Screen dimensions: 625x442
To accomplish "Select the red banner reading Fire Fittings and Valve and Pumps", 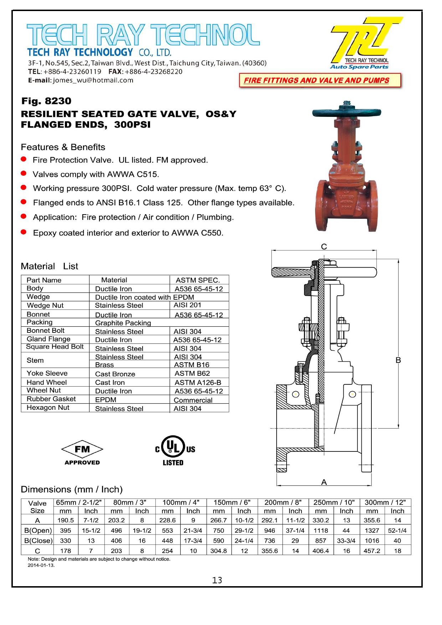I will (320, 81).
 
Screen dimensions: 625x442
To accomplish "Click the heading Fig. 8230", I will (46, 101).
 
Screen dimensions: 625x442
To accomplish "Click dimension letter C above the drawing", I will (324, 247).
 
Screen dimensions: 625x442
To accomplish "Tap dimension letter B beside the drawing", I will (398, 360).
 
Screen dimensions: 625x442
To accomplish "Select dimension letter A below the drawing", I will (324, 482).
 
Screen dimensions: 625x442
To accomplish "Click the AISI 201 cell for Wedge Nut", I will (187, 305).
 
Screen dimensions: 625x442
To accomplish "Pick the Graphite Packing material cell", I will (123, 323).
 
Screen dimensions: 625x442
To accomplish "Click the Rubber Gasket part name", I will (51, 399).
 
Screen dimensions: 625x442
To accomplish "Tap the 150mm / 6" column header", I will (232, 502).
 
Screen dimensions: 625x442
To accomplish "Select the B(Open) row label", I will (38, 530).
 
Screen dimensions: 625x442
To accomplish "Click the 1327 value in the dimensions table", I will (372, 530).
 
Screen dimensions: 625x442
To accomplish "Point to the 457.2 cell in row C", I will (372, 551).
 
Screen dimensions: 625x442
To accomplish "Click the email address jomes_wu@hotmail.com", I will (93, 80).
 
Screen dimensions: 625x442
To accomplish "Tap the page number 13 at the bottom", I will (217, 580).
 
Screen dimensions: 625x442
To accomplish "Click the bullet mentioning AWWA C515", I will (96, 174).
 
